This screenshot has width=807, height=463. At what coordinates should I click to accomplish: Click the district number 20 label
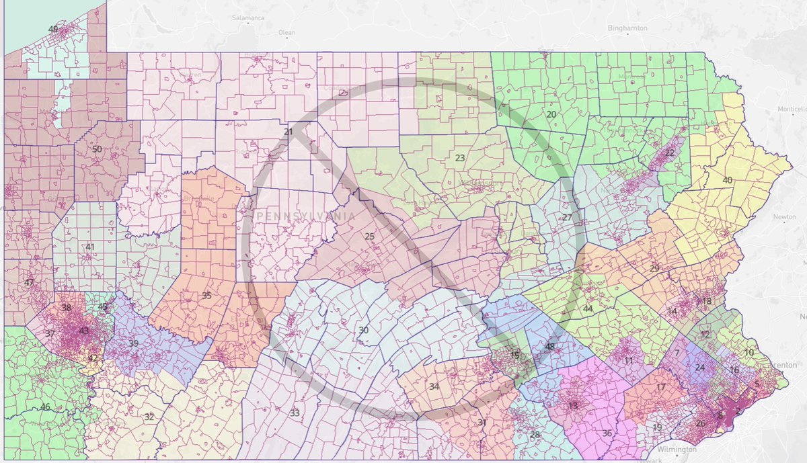pyautogui.click(x=551, y=115)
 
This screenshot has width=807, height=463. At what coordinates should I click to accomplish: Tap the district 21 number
pyautogui.click(x=288, y=132)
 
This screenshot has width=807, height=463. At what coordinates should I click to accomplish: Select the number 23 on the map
pyautogui.click(x=460, y=158)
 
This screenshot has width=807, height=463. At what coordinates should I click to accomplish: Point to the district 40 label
pyautogui.click(x=727, y=180)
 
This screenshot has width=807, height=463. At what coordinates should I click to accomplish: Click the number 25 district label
pyautogui.click(x=369, y=236)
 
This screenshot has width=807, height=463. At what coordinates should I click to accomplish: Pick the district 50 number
pyautogui.click(x=97, y=149)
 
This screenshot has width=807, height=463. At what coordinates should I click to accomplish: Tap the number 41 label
pyautogui.click(x=90, y=247)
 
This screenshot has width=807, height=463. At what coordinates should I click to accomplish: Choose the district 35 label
pyautogui.click(x=206, y=295)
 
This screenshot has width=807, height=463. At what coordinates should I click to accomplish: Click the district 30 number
pyautogui.click(x=363, y=330)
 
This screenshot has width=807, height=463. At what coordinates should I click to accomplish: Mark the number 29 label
pyautogui.click(x=654, y=268)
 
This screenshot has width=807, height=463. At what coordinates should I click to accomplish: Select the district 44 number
pyautogui.click(x=588, y=308)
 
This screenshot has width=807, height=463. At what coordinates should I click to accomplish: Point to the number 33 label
pyautogui.click(x=295, y=412)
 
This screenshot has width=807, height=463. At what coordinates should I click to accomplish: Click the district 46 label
pyautogui.click(x=45, y=407)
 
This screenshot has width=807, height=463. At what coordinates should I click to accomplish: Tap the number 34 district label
pyautogui.click(x=434, y=386)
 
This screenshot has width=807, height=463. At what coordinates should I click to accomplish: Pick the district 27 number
pyautogui.click(x=567, y=218)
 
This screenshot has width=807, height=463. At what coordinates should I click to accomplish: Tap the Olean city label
pyautogui.click(x=287, y=32)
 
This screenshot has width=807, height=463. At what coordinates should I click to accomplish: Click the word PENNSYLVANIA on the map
pyautogui.click(x=306, y=216)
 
